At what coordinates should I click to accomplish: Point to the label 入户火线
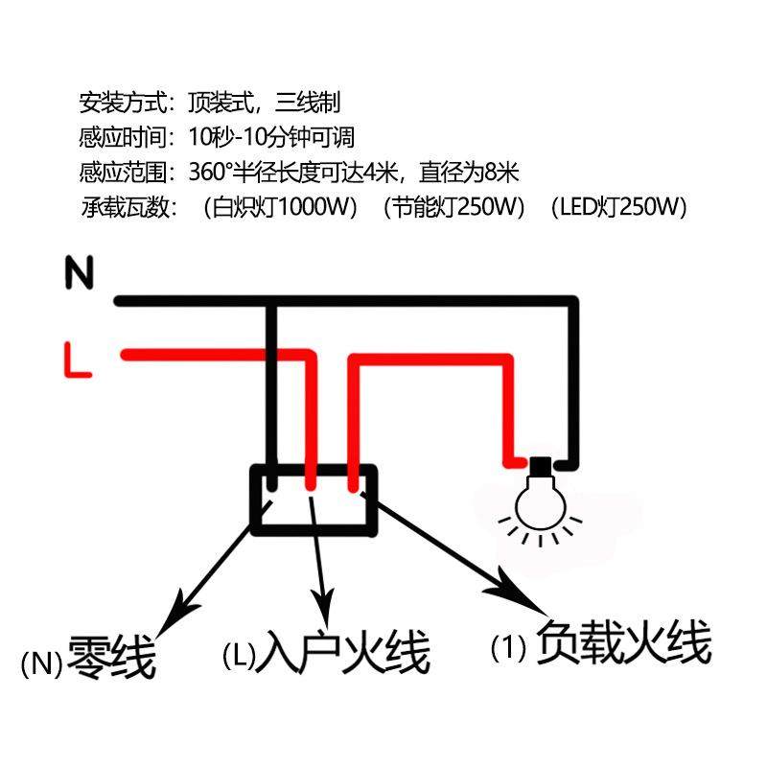(x=348, y=653)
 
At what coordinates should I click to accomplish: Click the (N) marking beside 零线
(x=40, y=662)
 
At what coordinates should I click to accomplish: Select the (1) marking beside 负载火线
(x=509, y=648)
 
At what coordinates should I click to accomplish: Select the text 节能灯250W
(x=454, y=207)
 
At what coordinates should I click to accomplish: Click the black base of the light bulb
(x=543, y=469)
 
